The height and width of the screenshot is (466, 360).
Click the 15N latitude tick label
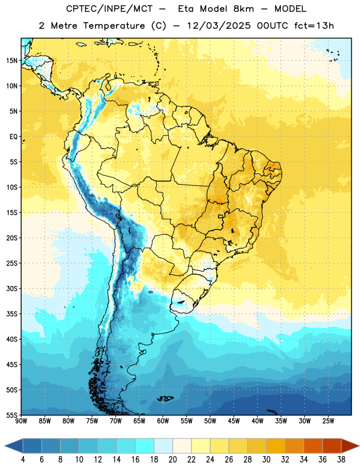point(12,61)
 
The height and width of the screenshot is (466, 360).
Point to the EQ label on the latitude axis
point(13,137)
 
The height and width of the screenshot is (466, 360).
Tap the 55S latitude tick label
point(12,415)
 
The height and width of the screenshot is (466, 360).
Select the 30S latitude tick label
point(12,288)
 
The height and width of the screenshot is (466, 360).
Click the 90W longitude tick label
point(21,421)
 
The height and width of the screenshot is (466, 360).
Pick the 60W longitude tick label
point(163,421)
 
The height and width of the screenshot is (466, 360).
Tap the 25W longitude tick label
point(328,421)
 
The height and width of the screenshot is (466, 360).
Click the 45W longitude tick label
point(234,421)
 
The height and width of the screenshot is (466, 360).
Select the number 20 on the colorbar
point(172,460)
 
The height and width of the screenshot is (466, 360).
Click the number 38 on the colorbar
point(341,460)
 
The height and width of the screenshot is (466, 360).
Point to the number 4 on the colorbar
point(23,460)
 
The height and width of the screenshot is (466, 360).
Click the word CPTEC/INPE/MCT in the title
point(109,9)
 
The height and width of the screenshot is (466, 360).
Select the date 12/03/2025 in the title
point(218,26)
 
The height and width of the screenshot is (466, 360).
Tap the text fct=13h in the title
point(314,26)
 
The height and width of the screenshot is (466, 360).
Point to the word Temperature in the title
point(114,26)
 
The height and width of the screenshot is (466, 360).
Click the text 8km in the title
point(243,9)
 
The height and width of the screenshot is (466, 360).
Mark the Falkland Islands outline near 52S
point(165,398)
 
